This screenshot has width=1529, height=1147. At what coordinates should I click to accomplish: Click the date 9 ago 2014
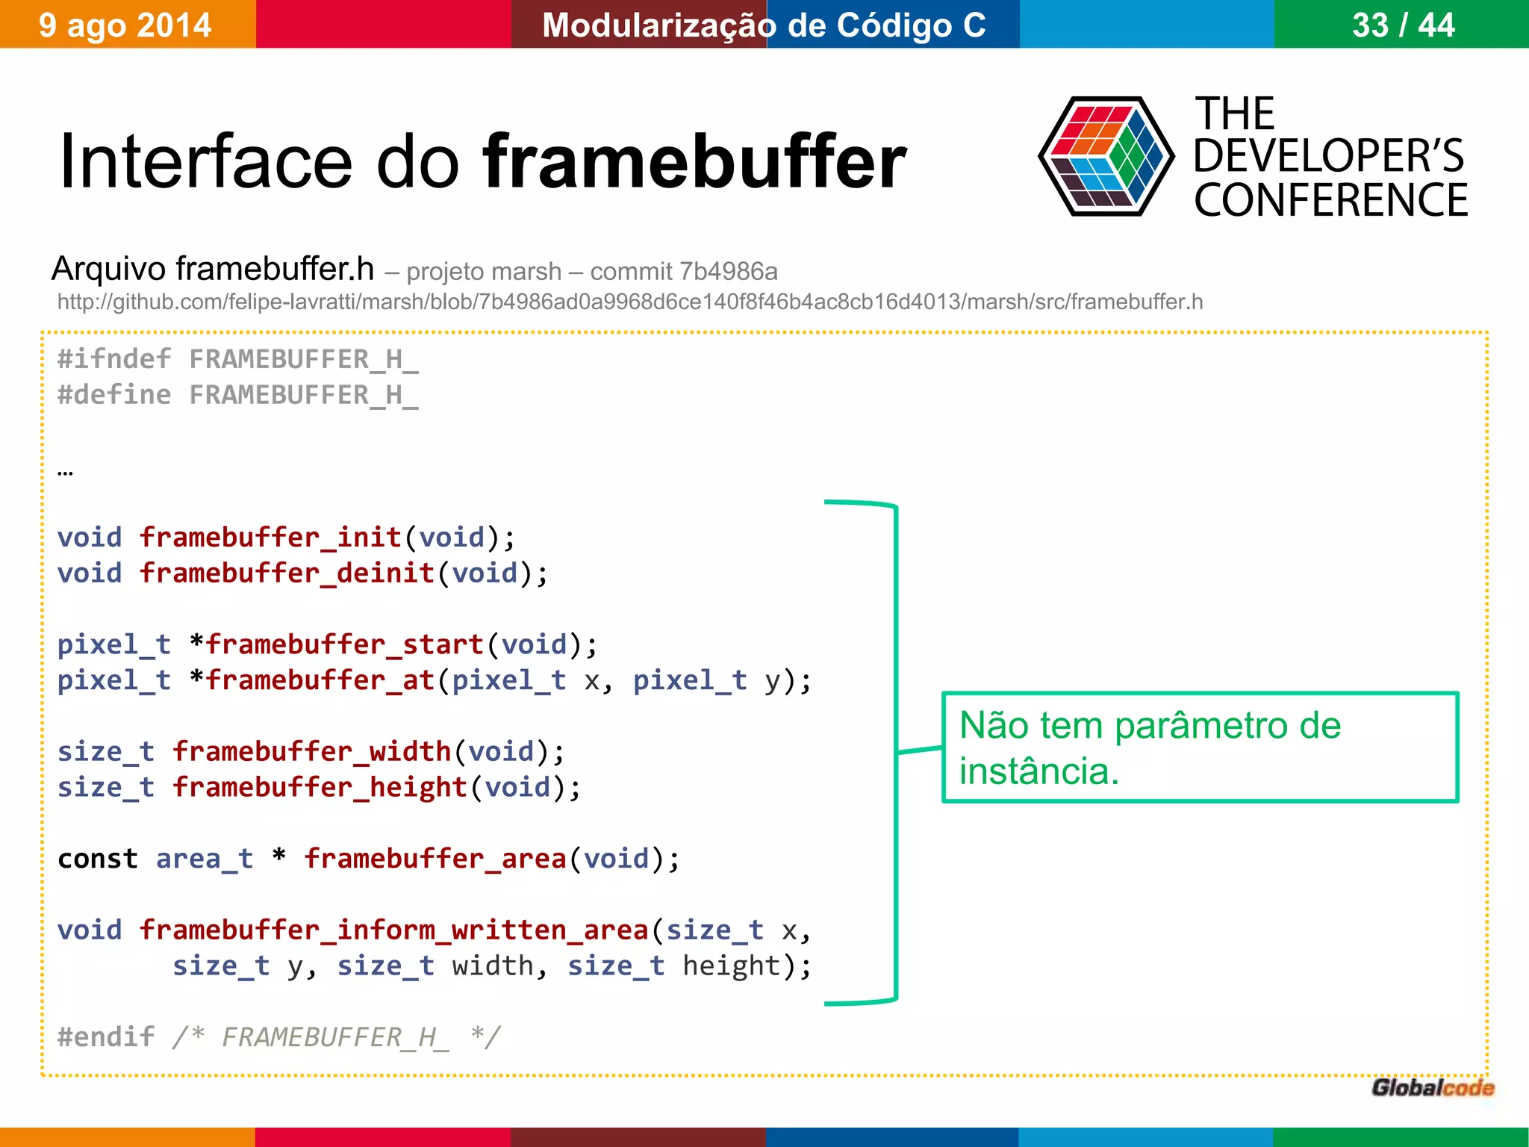click(125, 25)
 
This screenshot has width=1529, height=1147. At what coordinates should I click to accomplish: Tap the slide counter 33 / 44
click(1403, 25)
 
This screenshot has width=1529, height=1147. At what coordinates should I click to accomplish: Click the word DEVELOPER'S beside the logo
click(1328, 157)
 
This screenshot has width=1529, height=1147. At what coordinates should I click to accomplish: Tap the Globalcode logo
click(1433, 1088)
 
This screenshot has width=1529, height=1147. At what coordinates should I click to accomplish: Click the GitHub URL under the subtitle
click(629, 302)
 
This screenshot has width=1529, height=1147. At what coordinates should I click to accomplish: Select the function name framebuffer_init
click(271, 538)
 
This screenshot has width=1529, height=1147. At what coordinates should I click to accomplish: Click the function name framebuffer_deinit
click(287, 573)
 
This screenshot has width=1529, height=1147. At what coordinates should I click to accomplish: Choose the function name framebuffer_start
click(345, 644)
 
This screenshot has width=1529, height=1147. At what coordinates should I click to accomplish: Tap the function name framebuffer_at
click(320, 680)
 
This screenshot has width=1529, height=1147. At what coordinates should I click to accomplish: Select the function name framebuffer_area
click(435, 859)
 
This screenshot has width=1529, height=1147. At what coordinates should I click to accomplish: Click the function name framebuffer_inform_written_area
click(394, 930)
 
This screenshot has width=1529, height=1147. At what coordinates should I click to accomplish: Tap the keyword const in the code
click(98, 859)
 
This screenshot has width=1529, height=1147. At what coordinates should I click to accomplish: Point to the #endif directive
click(106, 1037)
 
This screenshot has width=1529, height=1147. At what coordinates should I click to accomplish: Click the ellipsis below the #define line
click(66, 472)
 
